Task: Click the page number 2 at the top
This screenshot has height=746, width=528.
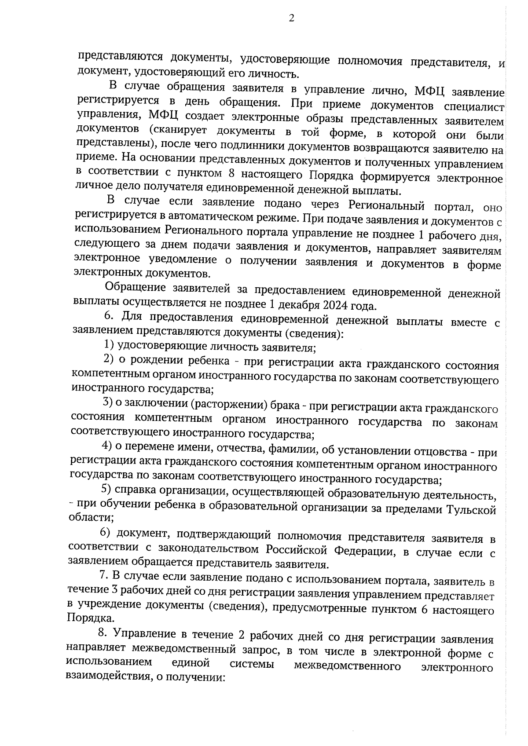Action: coord(291,18)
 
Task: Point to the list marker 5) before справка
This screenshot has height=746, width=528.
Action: coord(106,489)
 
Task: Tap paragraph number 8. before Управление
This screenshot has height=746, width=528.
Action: coord(102,633)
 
